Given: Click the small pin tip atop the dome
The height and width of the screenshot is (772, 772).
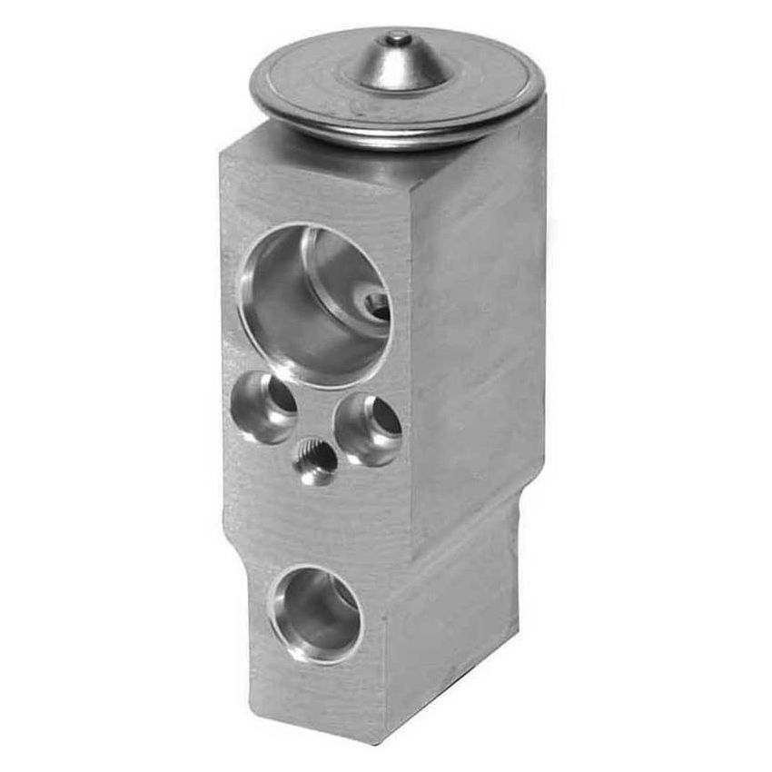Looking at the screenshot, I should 396,38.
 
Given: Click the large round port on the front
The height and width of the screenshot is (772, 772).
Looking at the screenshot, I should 314,304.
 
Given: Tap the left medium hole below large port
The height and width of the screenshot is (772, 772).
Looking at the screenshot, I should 263,409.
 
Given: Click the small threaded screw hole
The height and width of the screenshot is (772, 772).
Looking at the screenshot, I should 315,460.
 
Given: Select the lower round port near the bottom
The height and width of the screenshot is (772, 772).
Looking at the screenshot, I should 315,614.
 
